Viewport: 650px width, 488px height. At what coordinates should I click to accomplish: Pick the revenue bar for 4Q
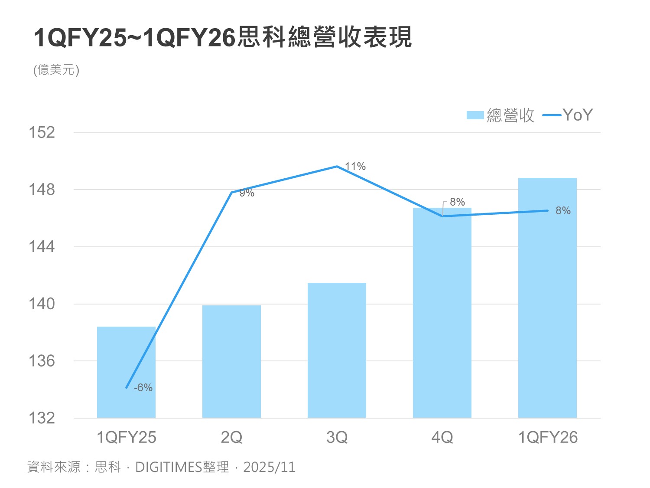[x=442, y=313]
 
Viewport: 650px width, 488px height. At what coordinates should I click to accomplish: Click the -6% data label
[x=143, y=388]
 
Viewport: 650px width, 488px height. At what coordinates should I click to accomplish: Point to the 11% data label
[x=355, y=167]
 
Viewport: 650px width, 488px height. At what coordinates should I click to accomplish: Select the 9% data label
[x=247, y=193]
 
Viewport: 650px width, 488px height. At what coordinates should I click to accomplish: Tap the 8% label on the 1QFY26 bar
[x=563, y=211]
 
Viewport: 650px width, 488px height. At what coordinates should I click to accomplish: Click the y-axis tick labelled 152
[x=42, y=132]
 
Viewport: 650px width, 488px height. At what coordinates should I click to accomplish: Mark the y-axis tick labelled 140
[x=42, y=304]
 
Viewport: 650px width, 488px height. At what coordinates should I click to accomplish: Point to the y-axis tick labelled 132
[x=42, y=418]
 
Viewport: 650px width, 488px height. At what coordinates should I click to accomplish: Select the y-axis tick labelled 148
[x=42, y=190]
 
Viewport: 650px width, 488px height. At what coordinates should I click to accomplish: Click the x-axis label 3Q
[x=337, y=437]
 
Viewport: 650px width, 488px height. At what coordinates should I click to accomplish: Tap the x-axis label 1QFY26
[x=548, y=437]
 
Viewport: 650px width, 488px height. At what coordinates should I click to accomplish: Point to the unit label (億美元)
[x=56, y=70]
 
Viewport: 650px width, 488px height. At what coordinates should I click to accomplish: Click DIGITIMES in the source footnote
[x=169, y=467]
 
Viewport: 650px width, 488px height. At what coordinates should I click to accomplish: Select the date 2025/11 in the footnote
[x=269, y=467]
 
